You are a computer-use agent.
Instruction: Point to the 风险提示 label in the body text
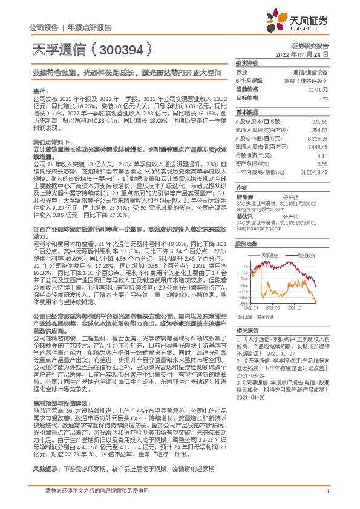tap(44, 468)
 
